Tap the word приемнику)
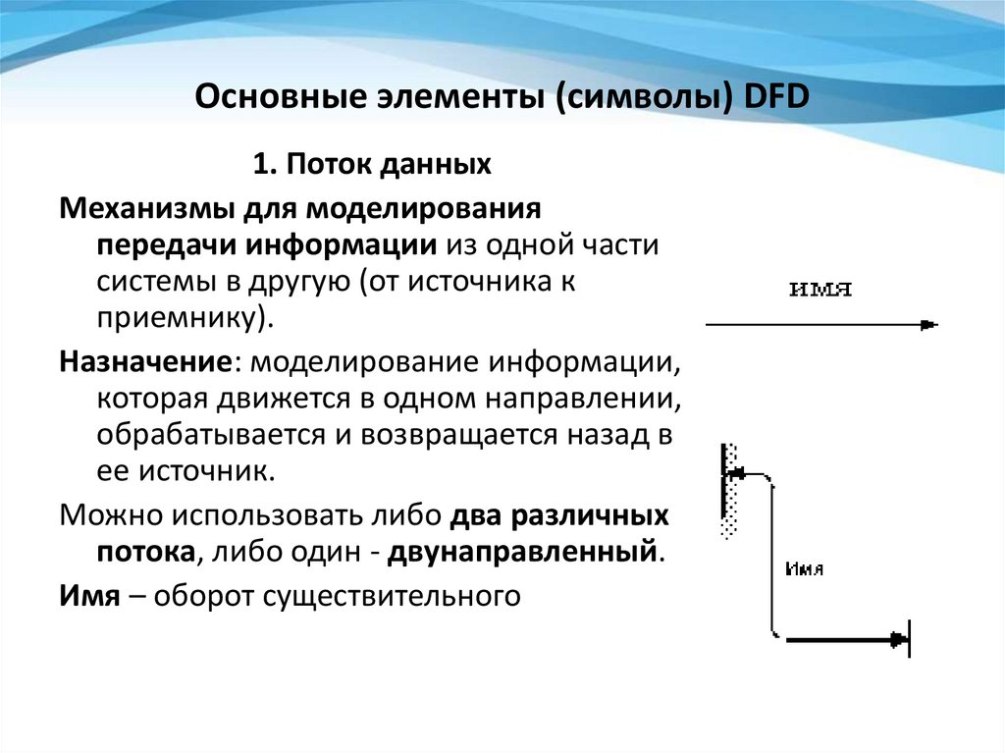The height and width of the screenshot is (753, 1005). (x=181, y=318)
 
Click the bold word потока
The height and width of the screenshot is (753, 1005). (x=143, y=551)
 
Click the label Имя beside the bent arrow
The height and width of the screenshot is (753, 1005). (x=805, y=569)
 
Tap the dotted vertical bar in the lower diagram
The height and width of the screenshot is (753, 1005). (x=727, y=491)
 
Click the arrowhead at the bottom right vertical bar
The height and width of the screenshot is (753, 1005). (x=897, y=640)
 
